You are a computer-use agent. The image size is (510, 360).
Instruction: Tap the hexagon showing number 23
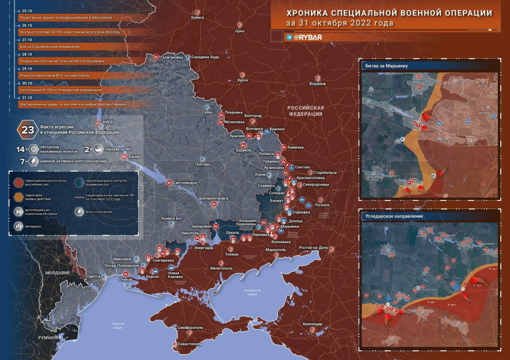click(x=28, y=129)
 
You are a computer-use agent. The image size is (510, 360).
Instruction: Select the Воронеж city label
click(x=317, y=84)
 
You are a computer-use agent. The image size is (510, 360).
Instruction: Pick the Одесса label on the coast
click(x=93, y=276)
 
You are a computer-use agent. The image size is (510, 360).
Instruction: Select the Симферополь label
click(x=191, y=328)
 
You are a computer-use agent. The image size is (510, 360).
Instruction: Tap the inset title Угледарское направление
click(x=394, y=216)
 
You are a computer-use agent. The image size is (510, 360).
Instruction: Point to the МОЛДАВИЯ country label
click(x=58, y=272)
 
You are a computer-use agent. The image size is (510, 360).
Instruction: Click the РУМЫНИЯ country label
click(x=50, y=337)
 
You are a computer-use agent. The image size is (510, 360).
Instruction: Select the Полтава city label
click(x=203, y=164)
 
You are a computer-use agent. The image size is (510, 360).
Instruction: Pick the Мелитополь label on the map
click(x=222, y=268)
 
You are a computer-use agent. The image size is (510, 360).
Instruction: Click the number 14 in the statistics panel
click(x=20, y=149)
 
